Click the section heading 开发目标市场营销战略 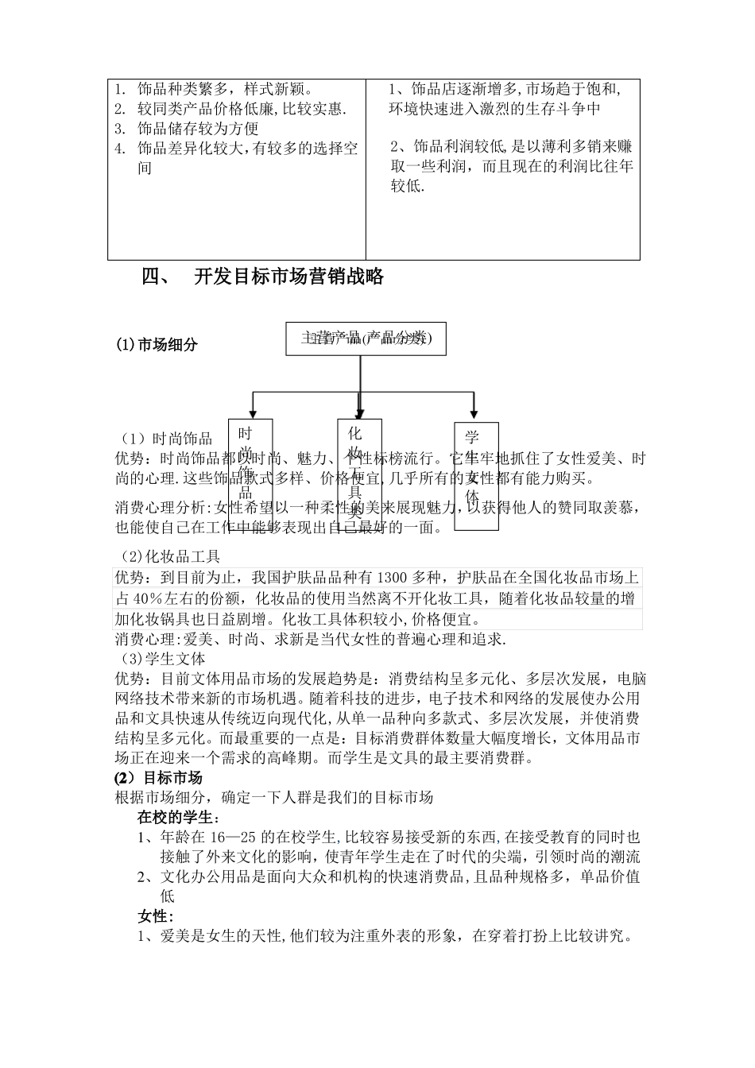coord(289,277)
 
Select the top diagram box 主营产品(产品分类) coord(366,339)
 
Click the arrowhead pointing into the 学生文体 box coord(474,414)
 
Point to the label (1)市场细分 coord(157,344)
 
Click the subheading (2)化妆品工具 coord(170,557)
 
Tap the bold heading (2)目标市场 coord(159,777)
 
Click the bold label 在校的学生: coord(179,817)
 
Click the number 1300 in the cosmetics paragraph coord(389,578)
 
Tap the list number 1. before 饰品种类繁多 coord(120,89)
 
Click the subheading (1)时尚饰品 coord(167,439)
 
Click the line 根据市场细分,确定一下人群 coord(274,797)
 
